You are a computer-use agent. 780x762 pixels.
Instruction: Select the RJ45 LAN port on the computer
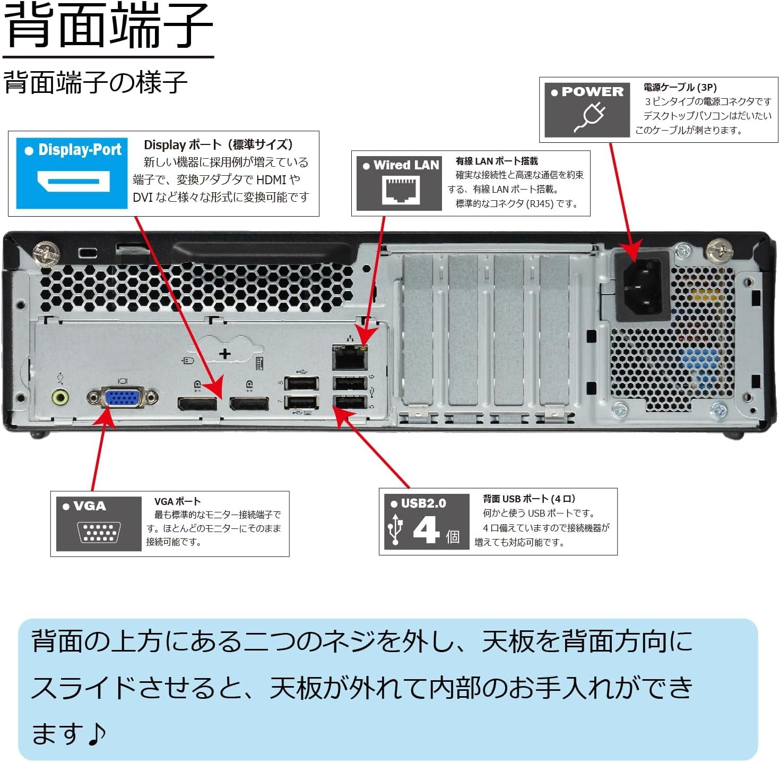point(349,358)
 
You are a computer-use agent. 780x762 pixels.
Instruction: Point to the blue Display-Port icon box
point(72,173)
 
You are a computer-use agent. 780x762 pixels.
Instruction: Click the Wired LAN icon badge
point(400,183)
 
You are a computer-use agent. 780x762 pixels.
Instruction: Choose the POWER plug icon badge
point(587,109)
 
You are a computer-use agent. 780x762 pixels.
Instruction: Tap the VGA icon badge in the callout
point(99,524)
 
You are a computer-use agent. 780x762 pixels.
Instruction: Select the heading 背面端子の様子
point(96,83)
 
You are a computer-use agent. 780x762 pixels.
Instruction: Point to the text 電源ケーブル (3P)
point(680,87)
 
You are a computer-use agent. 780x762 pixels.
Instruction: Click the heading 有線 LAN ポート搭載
point(497,161)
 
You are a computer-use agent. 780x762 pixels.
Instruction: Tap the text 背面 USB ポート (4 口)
point(528,499)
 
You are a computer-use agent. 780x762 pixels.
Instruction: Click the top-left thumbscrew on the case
point(45,252)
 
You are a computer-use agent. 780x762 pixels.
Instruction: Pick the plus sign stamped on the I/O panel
point(225,354)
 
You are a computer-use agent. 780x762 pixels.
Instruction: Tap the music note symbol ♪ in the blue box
point(96,733)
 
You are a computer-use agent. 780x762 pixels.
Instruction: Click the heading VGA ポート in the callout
point(177,501)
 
